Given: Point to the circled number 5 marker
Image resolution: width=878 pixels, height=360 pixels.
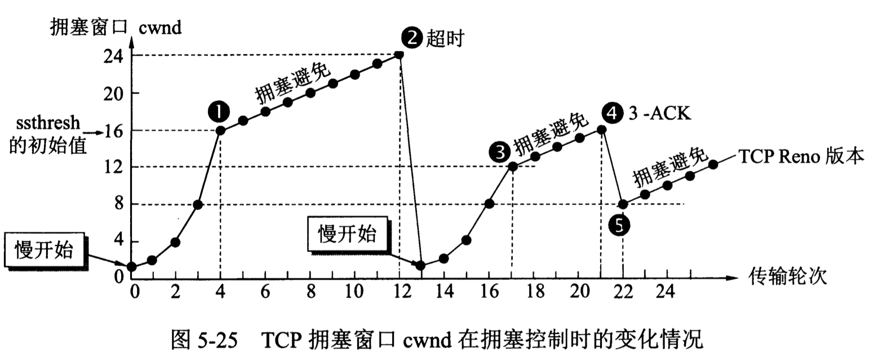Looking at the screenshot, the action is click(619, 225).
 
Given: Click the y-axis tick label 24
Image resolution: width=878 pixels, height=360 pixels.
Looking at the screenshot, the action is click(113, 56).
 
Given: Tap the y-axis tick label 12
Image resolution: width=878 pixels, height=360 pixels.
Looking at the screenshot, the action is click(113, 167).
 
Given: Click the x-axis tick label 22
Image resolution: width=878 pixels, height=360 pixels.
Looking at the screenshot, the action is click(622, 292).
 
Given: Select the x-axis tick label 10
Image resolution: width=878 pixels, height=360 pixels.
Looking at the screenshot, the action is click(354, 292).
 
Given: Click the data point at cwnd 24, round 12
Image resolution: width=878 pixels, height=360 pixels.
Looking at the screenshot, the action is click(399, 55).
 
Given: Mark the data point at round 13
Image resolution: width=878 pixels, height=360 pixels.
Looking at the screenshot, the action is click(421, 265).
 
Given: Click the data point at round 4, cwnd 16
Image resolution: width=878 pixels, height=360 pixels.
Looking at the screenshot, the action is click(220, 130).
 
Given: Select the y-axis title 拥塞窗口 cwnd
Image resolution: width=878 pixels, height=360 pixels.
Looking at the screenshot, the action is click(116, 26).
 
